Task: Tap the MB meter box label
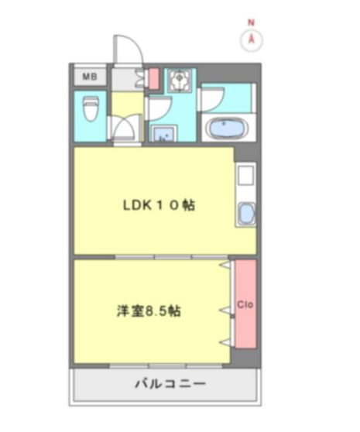89,77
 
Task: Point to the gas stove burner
179,78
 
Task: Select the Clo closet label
245,303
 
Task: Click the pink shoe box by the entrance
153,78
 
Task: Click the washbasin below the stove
163,135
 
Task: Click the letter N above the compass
251,23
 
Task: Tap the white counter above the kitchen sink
245,177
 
